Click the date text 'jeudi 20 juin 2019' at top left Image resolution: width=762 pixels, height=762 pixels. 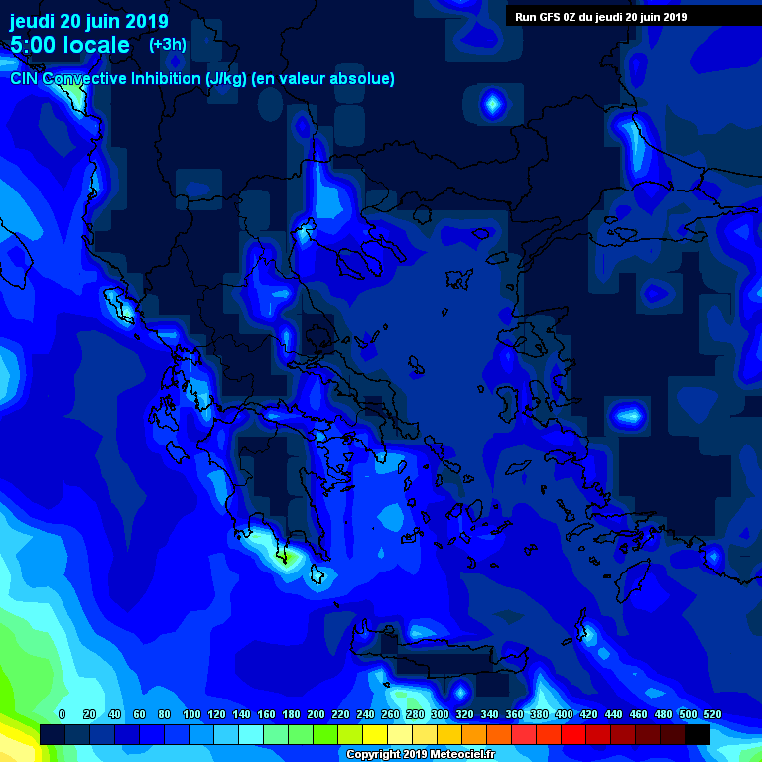89,21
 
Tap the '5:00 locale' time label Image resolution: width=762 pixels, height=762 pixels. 69,45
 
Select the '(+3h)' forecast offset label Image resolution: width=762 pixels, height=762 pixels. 167,45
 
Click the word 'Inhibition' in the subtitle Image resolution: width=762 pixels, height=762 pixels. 166,78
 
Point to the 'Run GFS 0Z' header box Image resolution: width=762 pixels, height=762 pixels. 600,16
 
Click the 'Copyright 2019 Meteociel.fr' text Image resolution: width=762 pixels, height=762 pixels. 419,754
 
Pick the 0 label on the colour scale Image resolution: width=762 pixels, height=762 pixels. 62,714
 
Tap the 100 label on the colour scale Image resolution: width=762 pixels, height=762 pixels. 191,714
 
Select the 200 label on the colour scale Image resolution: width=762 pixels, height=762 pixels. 316,714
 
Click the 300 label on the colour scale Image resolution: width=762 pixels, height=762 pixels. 440,714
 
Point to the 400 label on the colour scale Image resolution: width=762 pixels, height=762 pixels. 564,714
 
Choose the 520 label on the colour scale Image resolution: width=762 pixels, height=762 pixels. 712,714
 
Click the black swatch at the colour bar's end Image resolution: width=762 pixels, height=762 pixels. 698,734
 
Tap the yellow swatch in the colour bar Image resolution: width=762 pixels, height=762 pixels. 375,734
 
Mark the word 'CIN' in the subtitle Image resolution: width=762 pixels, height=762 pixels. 24,78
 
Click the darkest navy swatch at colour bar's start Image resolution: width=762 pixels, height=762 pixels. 53,734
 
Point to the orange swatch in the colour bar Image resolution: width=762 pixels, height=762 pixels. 474,734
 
